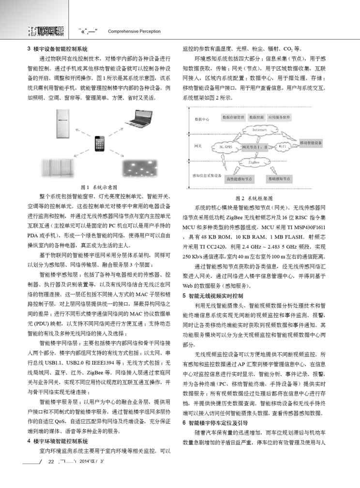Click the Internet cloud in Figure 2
coord(260,130)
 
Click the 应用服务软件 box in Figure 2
coord(279,117)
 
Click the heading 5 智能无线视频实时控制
coord(213,295)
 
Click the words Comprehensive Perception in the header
coord(134,31)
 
